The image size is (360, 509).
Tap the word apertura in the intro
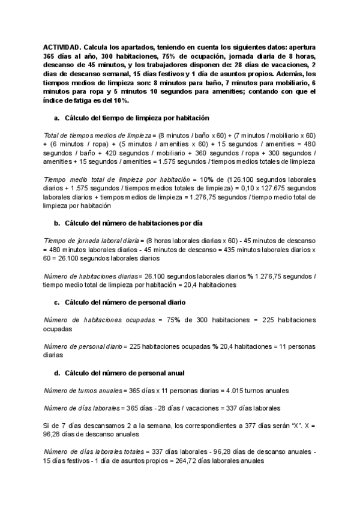(303, 47)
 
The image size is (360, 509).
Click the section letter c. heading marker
(57, 303)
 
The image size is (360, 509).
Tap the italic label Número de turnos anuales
(83, 391)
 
